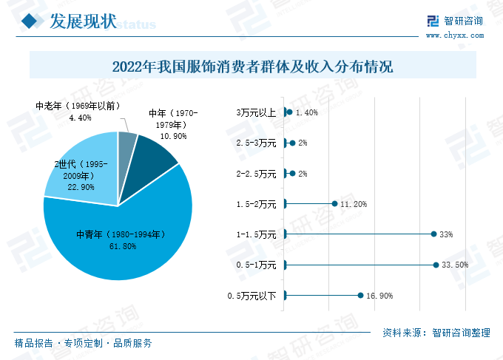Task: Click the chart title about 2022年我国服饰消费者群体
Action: [252, 67]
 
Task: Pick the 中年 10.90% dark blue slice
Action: [152, 152]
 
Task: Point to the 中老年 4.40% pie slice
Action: [127, 142]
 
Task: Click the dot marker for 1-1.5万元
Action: [433, 234]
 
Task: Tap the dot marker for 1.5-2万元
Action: [334, 203]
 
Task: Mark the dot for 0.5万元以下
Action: [361, 296]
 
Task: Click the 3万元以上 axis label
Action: [256, 112]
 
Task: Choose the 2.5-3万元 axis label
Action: [255, 143]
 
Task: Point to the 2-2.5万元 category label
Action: [255, 174]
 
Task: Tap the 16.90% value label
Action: [379, 296]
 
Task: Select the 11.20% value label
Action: [354, 204]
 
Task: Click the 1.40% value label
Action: [306, 113]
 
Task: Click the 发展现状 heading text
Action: [84, 21]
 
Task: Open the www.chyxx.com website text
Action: [454, 35]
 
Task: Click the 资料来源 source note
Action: [436, 333]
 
